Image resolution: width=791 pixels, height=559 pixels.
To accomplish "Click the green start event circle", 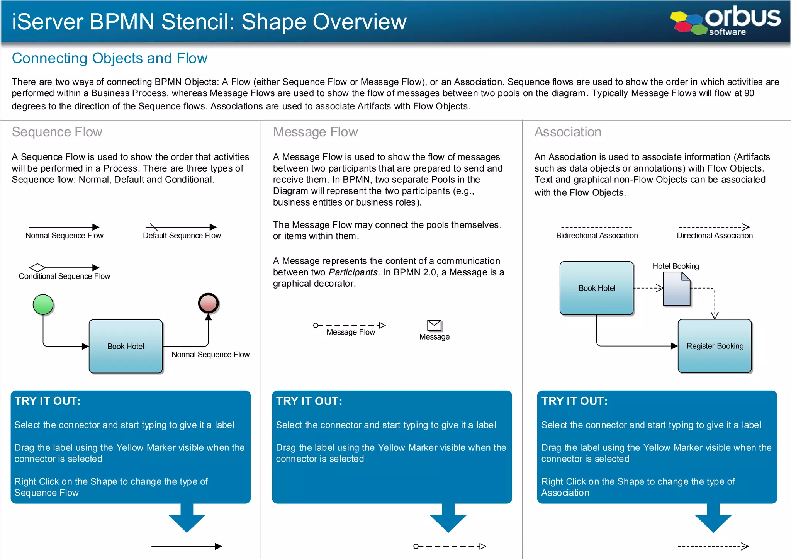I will [x=43, y=304].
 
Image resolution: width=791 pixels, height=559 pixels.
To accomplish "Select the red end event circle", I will [x=208, y=303].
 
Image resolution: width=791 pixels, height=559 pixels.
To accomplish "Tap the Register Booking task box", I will [x=715, y=346].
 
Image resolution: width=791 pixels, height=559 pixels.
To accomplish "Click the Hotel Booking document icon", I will [x=676, y=289].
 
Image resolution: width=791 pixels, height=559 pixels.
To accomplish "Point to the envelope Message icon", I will [x=434, y=325].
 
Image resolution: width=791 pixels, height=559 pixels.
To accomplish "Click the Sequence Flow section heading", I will [x=57, y=132].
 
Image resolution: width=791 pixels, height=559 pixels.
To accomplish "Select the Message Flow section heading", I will [x=315, y=132].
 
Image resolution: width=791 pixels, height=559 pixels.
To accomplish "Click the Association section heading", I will [x=567, y=132].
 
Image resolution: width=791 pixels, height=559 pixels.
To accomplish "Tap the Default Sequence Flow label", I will [x=182, y=236].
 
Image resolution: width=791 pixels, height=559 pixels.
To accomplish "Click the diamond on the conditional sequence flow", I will [x=37, y=267].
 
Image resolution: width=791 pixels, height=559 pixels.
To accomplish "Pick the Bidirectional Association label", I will [x=597, y=236].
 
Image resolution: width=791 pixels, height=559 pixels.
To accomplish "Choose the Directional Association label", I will [x=715, y=236].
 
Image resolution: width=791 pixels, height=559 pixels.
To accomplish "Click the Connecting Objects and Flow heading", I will [x=110, y=58].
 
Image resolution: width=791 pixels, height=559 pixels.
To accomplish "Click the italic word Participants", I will [x=353, y=272].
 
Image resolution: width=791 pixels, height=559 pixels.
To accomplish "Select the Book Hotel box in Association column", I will [x=596, y=288].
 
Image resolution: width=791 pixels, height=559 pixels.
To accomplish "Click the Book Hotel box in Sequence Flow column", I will [x=126, y=347].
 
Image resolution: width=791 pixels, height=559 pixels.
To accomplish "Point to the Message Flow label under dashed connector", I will [x=350, y=332].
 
